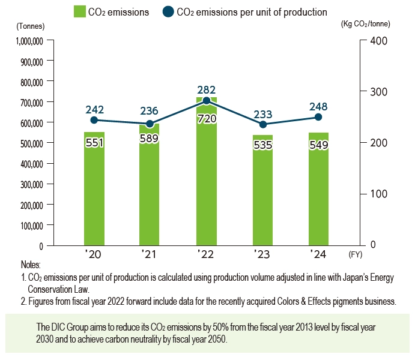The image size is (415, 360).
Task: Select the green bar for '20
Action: [94, 192]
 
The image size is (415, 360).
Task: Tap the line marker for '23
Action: [262, 124]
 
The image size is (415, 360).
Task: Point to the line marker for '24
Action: [318, 117]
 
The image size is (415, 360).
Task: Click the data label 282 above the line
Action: [207, 89]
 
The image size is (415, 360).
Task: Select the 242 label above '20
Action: [94, 110]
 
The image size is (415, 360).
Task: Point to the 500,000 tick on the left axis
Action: [29, 143]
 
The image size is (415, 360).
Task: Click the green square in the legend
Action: [79, 11]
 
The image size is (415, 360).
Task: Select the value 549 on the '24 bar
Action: [318, 145]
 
